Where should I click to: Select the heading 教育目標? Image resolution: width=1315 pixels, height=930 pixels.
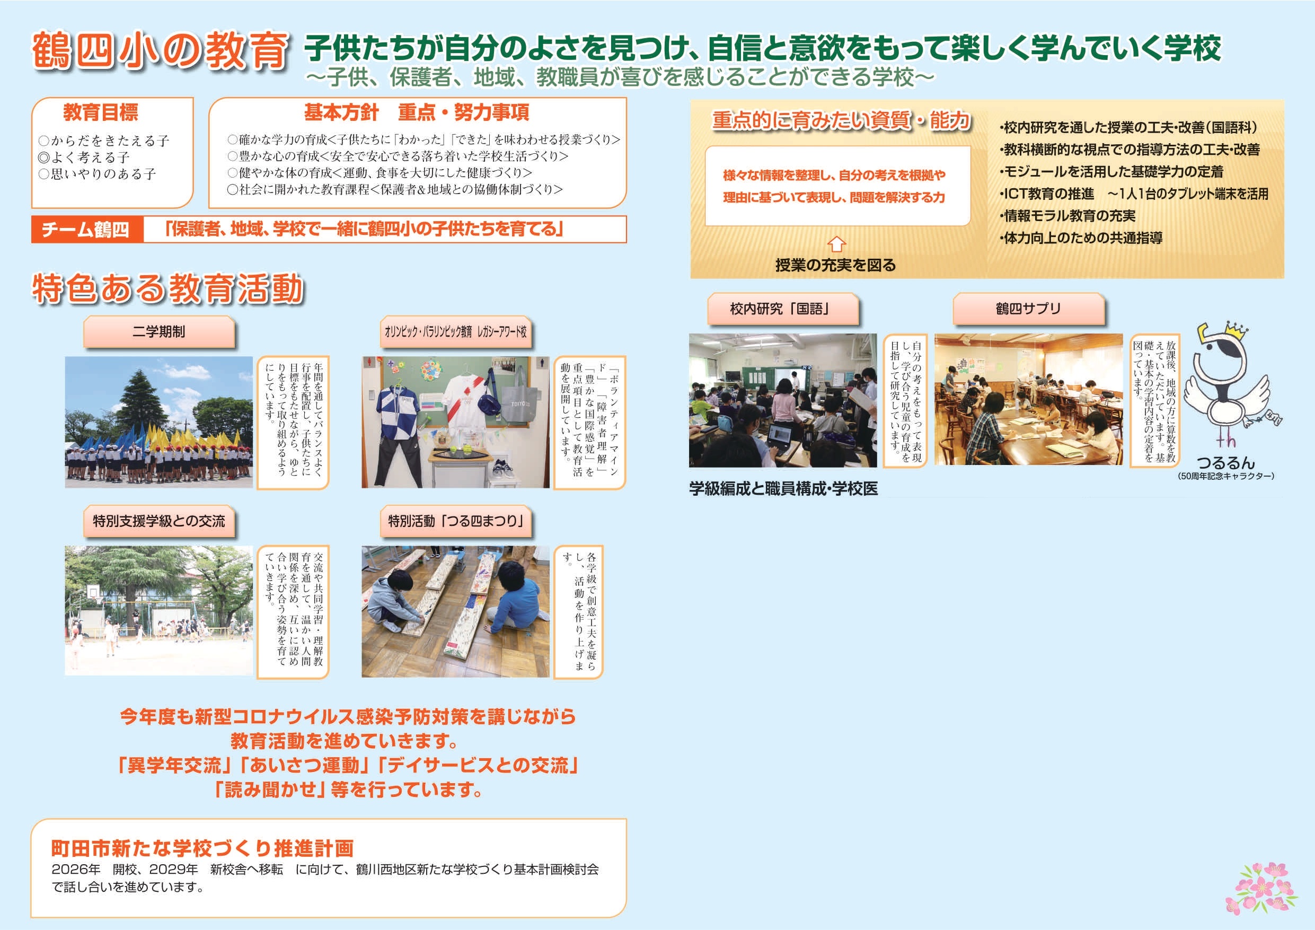click(x=101, y=112)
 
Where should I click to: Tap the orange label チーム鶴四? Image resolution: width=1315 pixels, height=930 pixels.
click(x=85, y=230)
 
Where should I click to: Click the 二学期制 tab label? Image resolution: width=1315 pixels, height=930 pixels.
click(x=158, y=332)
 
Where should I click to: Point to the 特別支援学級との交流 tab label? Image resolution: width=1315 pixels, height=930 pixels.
click(x=158, y=521)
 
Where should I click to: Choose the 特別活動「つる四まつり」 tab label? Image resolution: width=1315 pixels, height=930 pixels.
click(x=456, y=521)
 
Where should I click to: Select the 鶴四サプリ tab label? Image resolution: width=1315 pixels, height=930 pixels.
click(x=1028, y=309)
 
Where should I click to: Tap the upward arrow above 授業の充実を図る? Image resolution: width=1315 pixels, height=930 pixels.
click(x=837, y=244)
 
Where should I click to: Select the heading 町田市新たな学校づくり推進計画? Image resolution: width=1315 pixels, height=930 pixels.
click(x=203, y=848)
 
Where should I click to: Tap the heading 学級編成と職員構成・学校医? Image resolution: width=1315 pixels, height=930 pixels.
click(x=783, y=489)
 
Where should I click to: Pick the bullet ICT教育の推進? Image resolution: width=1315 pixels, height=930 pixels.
click(x=1047, y=194)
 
